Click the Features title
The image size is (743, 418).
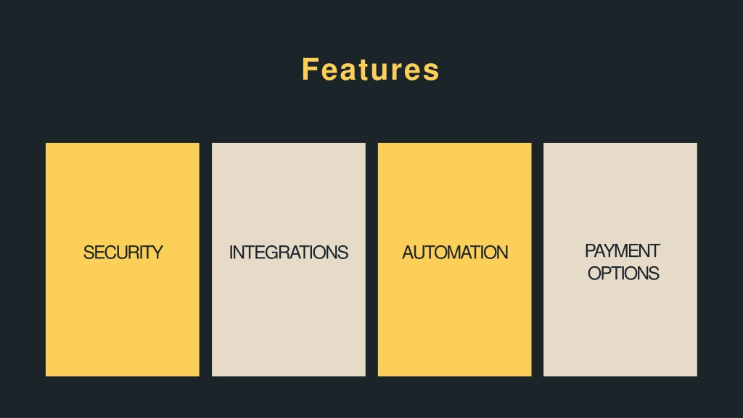[x=371, y=70]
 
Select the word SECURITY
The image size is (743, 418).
[x=123, y=253]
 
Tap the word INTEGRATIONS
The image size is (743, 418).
[x=289, y=253]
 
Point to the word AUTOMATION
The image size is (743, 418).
[x=455, y=253]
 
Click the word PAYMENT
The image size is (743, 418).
[x=622, y=250]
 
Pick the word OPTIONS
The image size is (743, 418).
[x=623, y=274]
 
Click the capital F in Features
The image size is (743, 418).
[x=310, y=70]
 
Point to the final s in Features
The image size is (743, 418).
[x=432, y=73]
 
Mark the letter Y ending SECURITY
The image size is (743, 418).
[x=157, y=253]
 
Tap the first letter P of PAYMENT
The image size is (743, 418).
[x=591, y=250]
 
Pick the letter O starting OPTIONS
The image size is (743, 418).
[x=595, y=274]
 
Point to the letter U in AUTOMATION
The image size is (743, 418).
[x=420, y=253]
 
